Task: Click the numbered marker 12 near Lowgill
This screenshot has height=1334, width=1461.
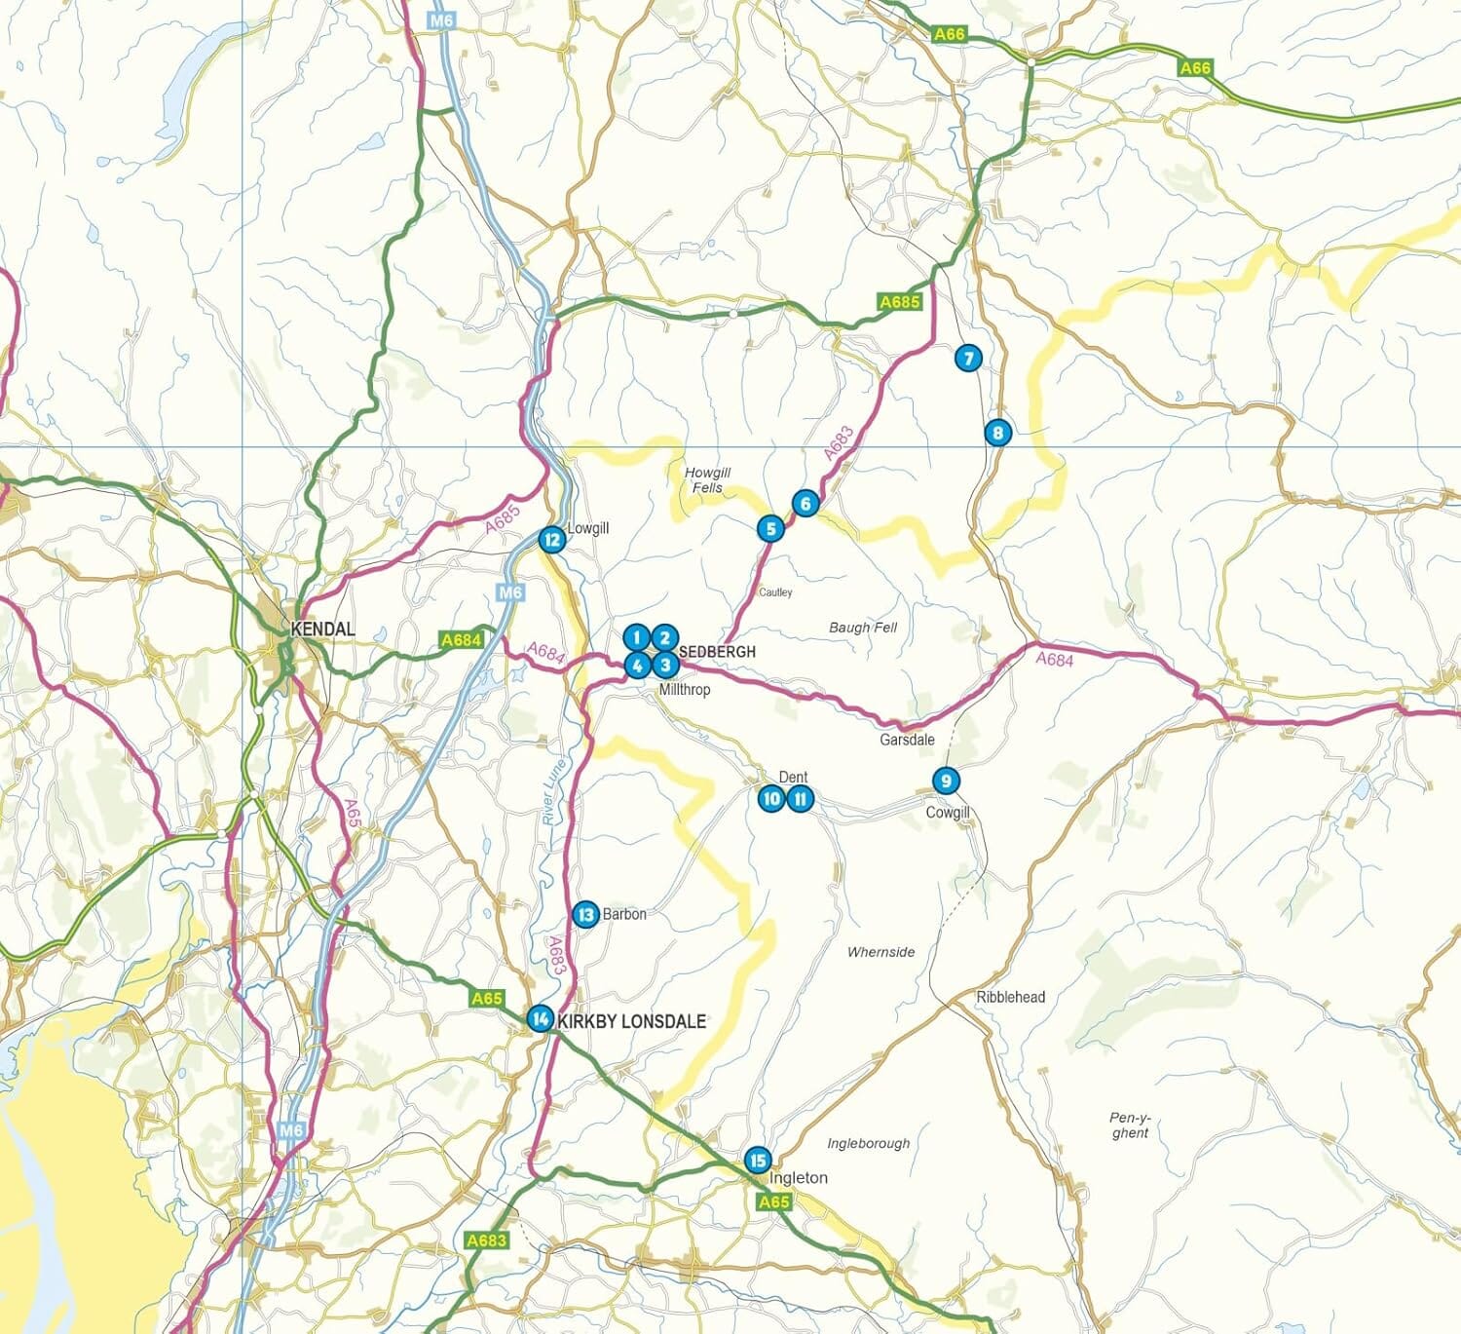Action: click(x=551, y=539)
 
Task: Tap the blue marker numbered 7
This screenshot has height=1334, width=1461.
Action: click(x=967, y=358)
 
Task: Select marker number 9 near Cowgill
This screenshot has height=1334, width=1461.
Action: click(x=945, y=781)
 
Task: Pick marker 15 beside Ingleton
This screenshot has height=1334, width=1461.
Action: click(x=757, y=1161)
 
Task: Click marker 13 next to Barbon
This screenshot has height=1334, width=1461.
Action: click(x=584, y=914)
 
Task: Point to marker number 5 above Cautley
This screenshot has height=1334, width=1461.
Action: click(x=770, y=528)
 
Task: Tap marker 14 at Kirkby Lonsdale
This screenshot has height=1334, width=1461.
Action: click(x=540, y=1018)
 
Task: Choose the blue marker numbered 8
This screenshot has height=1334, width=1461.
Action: click(x=996, y=433)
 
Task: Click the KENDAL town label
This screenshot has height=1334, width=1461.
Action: click(x=322, y=629)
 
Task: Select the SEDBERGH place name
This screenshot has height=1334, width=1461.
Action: click(x=717, y=651)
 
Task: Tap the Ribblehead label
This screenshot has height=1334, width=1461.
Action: click(x=1010, y=997)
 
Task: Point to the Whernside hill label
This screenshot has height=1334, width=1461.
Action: click(x=880, y=952)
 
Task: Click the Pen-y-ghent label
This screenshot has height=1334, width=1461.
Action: click(x=1130, y=1125)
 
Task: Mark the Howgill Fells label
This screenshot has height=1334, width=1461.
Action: click(x=707, y=479)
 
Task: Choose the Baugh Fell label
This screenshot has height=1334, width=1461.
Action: click(x=862, y=628)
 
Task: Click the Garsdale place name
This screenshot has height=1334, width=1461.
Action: click(x=907, y=740)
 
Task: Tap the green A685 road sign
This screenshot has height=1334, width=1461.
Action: click(x=899, y=302)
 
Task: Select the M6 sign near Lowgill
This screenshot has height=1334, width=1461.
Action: click(x=510, y=591)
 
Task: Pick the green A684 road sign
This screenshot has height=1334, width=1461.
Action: click(x=461, y=640)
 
